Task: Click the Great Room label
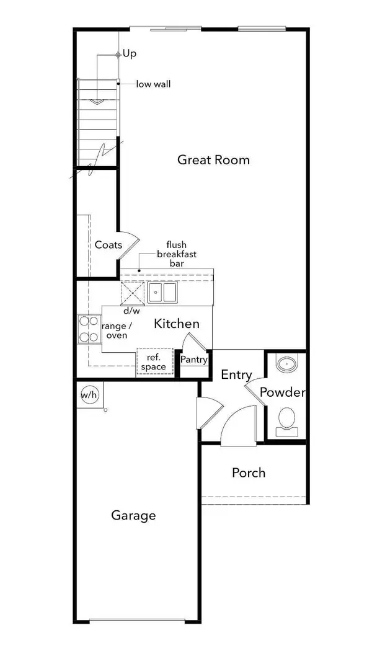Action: pos(213,160)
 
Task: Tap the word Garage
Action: pos(133,516)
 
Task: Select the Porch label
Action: pos(249,472)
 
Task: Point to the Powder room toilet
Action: pos(287,422)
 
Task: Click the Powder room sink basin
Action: pos(287,364)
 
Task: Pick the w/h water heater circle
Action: pos(89,396)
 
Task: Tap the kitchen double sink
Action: pos(162,292)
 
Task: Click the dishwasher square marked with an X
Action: pos(133,293)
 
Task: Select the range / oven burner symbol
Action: pos(89,329)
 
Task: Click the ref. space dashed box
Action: pos(154,362)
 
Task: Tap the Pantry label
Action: pos(194,360)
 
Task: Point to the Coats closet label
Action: pos(108,245)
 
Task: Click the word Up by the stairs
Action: pos(130,54)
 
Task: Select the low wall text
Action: pos(153,84)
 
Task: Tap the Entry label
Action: pos(236,374)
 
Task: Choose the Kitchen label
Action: pos(176,324)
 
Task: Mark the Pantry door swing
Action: pos(196,342)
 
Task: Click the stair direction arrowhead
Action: pos(97,102)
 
